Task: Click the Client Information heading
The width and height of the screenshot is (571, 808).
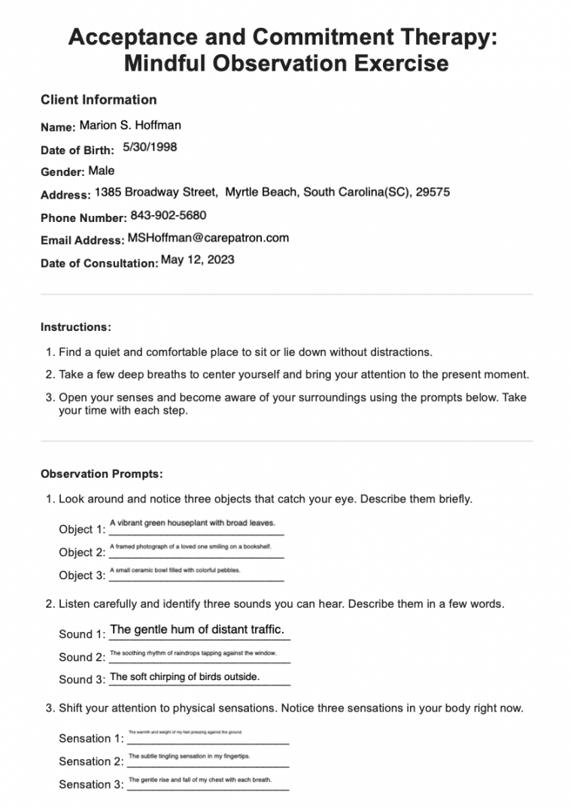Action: [x=99, y=100]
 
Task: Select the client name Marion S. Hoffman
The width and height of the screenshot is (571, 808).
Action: [x=130, y=126]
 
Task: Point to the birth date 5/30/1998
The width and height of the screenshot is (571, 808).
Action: [x=150, y=147]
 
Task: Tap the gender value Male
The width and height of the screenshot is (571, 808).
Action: [x=102, y=171]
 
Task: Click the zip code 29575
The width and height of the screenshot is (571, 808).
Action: [x=433, y=193]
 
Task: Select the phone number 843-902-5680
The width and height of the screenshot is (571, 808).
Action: [x=169, y=216]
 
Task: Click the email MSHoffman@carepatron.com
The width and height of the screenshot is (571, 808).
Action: [x=208, y=238]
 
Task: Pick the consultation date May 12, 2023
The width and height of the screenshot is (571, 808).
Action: [x=198, y=260]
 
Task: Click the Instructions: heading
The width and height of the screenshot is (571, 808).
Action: [x=76, y=327]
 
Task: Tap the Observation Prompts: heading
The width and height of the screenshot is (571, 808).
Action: [x=102, y=474]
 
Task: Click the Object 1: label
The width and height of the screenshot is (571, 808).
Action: [x=82, y=530]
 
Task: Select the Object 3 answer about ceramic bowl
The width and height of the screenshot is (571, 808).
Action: [x=175, y=571]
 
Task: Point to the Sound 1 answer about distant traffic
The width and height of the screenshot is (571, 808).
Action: [x=197, y=630]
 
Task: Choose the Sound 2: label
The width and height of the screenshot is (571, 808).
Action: [x=82, y=657]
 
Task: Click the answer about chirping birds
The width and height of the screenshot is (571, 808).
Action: [x=184, y=677]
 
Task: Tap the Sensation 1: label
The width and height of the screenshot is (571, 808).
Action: [x=91, y=739]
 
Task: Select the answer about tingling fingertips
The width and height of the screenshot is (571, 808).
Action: [x=190, y=756]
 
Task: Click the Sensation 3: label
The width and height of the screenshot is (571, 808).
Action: [x=91, y=785]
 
